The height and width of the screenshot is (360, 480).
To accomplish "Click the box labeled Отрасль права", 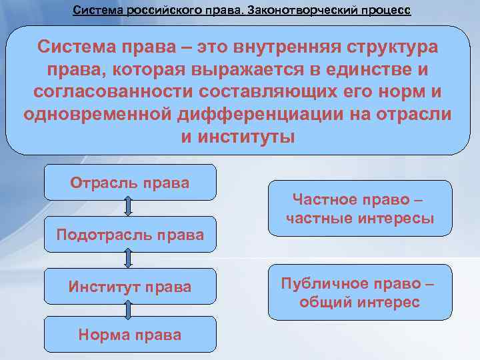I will click(130, 182).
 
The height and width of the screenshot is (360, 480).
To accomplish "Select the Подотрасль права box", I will click(130, 234).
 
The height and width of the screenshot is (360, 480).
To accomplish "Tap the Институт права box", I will click(130, 286).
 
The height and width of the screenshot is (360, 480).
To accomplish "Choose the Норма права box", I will click(130, 334).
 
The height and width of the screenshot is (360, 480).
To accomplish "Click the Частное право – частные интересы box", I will click(359, 209).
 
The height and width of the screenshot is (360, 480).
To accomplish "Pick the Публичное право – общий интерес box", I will click(359, 292).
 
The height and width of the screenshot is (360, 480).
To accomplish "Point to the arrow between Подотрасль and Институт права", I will click(129, 260).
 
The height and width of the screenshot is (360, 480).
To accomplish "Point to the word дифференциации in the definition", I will click(273, 113).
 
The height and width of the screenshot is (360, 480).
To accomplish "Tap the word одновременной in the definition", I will click(98, 113).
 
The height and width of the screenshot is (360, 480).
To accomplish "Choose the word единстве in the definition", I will click(363, 69).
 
